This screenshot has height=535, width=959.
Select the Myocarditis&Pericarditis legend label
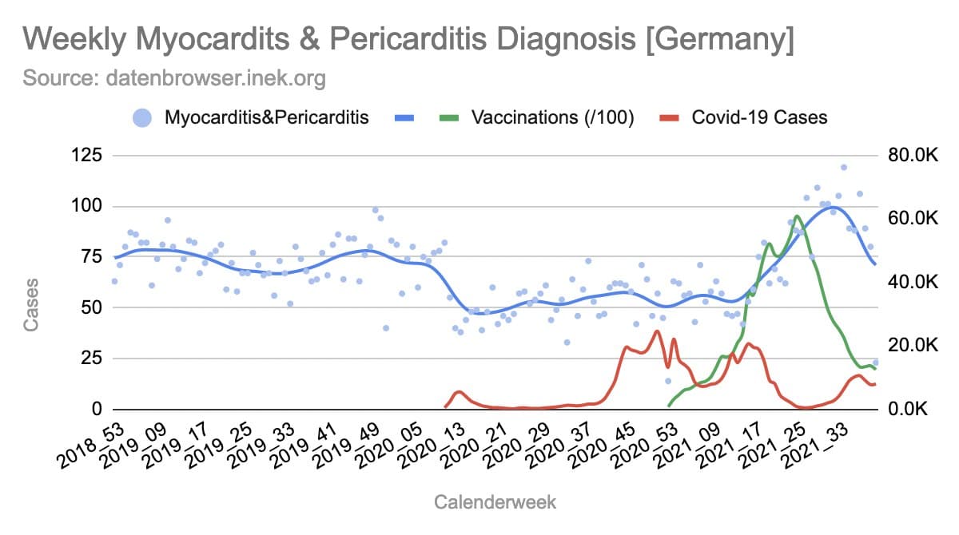(266, 117)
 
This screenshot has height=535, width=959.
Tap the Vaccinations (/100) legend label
(552, 117)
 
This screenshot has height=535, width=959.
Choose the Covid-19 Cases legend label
(759, 117)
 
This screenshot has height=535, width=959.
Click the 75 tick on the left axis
(91, 257)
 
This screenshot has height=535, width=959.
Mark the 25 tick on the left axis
(91, 359)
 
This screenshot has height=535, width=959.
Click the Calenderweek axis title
(495, 502)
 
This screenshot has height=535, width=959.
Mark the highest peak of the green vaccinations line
(797, 216)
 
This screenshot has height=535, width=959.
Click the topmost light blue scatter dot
(843, 168)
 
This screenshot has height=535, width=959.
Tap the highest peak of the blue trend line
(832, 207)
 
